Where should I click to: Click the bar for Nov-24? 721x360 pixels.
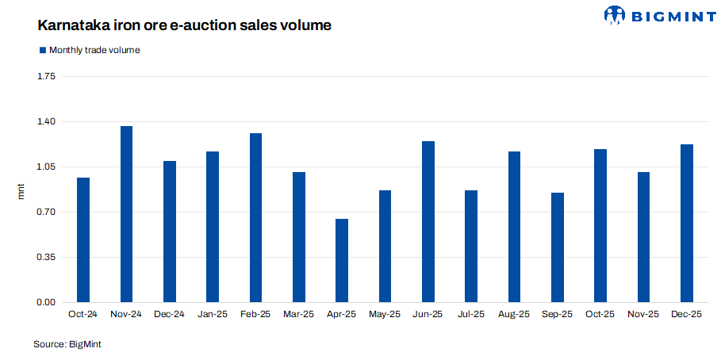(x=126, y=214)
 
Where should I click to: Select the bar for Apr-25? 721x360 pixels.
(x=342, y=260)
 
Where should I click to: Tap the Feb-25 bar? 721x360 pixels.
(x=255, y=217)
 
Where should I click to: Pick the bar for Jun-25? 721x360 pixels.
(x=428, y=221)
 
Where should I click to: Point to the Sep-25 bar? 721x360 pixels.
(x=558, y=247)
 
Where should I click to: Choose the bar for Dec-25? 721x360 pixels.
(x=687, y=223)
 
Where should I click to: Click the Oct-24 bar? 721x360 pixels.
(x=83, y=239)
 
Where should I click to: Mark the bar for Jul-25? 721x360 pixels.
(x=471, y=246)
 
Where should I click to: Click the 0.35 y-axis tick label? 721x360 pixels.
(x=47, y=257)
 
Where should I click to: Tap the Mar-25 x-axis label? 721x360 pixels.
(x=299, y=315)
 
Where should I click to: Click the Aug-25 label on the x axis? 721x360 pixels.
(x=514, y=315)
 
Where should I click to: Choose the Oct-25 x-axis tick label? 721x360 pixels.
(x=600, y=315)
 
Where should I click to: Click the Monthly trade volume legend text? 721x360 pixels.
(x=94, y=50)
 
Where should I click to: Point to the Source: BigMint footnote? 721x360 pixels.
(x=67, y=344)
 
